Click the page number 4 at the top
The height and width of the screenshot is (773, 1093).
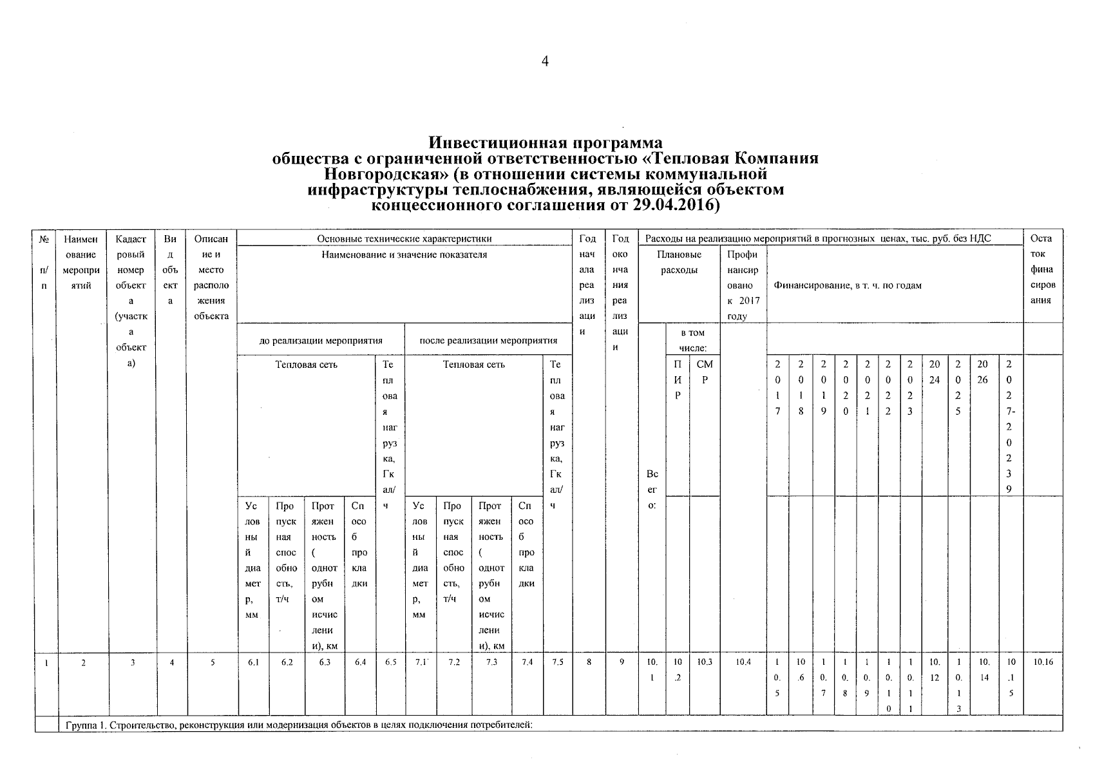click(545, 62)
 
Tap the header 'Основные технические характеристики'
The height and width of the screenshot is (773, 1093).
click(404, 239)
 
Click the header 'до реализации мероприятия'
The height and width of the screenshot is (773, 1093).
click(321, 341)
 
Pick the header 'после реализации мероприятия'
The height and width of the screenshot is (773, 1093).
click(488, 341)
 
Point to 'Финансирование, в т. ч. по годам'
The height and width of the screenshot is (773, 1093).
click(848, 285)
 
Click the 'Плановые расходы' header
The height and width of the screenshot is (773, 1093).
click(679, 262)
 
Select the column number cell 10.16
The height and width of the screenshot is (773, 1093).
click(1041, 662)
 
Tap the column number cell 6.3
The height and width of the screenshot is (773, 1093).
click(325, 662)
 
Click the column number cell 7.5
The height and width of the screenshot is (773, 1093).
click(557, 662)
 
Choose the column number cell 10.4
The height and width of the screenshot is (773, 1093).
click(743, 662)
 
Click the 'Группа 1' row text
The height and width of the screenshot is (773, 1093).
click(299, 725)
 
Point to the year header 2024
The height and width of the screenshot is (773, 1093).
click(935, 372)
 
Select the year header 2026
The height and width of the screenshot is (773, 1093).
click(982, 372)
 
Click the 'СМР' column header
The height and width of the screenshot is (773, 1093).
click(705, 372)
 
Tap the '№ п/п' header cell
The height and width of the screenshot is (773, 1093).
click(45, 262)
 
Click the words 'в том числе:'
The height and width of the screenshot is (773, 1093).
click(692, 341)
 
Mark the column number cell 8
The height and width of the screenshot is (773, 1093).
click(589, 662)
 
